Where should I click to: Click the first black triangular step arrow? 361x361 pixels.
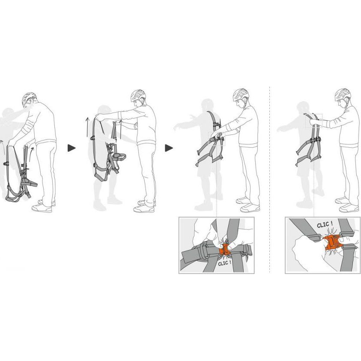click(72, 148)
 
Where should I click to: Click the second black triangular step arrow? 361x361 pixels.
click(169, 148)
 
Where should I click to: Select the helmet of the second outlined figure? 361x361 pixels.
click(138, 96)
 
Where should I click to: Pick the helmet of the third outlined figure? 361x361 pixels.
click(241, 95)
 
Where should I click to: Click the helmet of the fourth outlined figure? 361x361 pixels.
click(343, 94)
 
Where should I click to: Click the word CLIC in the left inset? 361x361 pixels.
click(223, 264)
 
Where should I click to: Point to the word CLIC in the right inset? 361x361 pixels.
click(322, 224)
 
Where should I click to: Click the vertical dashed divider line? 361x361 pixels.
click(269, 179)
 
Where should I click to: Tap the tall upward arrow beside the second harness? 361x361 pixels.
click(87, 127)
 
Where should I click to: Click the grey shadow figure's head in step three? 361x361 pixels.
click(207, 105)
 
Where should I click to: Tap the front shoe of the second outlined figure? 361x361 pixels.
click(143, 209)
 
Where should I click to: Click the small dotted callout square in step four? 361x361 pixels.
click(314, 120)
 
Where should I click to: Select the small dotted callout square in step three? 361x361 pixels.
click(217, 138)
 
